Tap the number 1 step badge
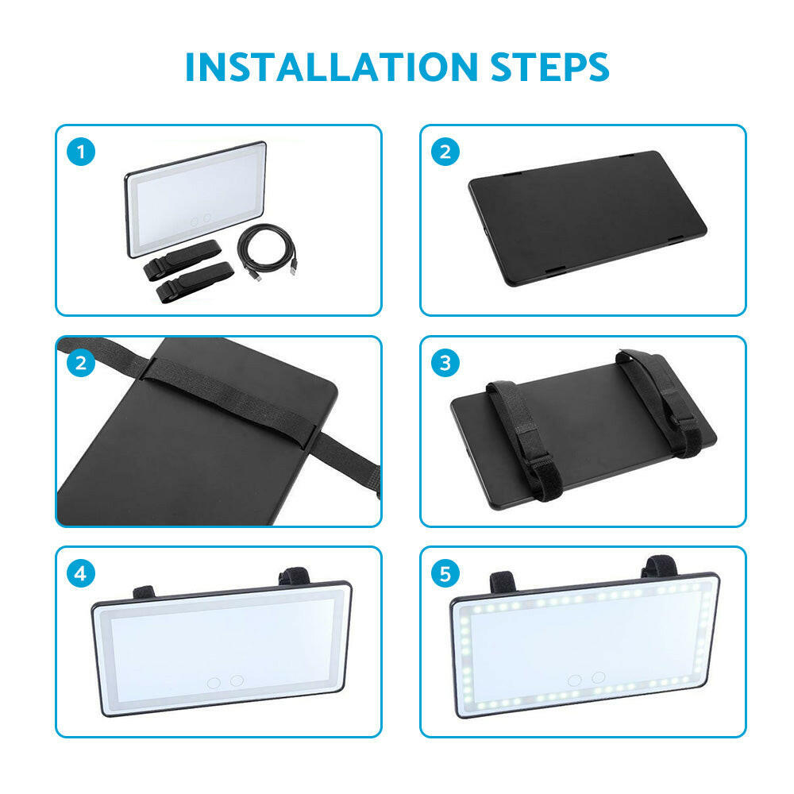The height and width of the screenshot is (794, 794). tap(81, 152)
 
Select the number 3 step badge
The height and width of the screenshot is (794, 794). tap(445, 363)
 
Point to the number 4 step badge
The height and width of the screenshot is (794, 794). tap(81, 572)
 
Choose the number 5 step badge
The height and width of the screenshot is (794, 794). tap(445, 572)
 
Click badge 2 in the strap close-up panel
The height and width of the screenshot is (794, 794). tap(81, 363)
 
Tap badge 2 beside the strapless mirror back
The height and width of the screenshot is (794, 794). tap(445, 152)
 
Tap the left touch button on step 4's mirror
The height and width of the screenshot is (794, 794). tap(214, 681)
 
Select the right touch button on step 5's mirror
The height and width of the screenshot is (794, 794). tap(598, 676)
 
